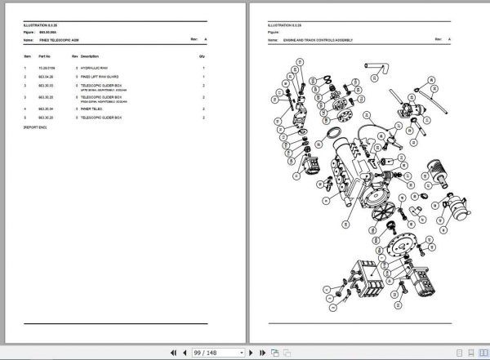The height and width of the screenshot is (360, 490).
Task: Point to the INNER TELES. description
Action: click(x=91, y=108)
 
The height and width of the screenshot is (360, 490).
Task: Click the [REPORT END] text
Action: click(x=37, y=127)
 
